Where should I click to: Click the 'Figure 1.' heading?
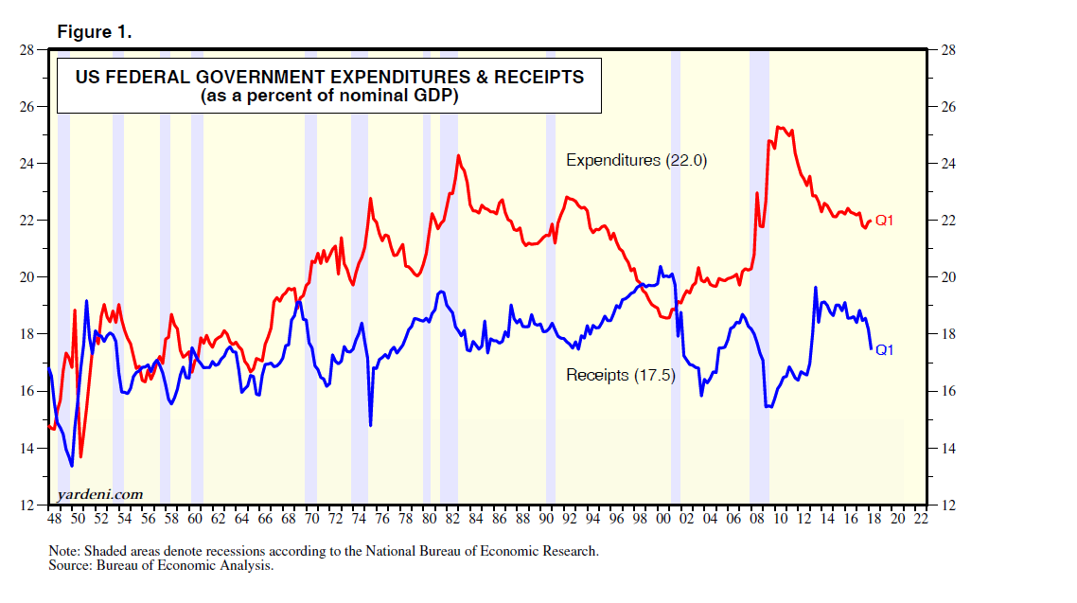(95, 32)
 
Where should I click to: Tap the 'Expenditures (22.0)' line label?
(637, 161)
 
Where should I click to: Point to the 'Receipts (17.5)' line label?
(620, 375)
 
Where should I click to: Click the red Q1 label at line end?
(884, 221)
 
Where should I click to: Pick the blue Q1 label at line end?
(885, 349)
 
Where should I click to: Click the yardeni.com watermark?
(100, 494)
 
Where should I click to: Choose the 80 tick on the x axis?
(429, 520)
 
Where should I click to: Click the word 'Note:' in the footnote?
(64, 551)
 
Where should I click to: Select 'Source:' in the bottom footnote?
(71, 565)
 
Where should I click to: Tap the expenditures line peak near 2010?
(778, 127)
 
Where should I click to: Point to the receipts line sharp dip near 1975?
(370, 425)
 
